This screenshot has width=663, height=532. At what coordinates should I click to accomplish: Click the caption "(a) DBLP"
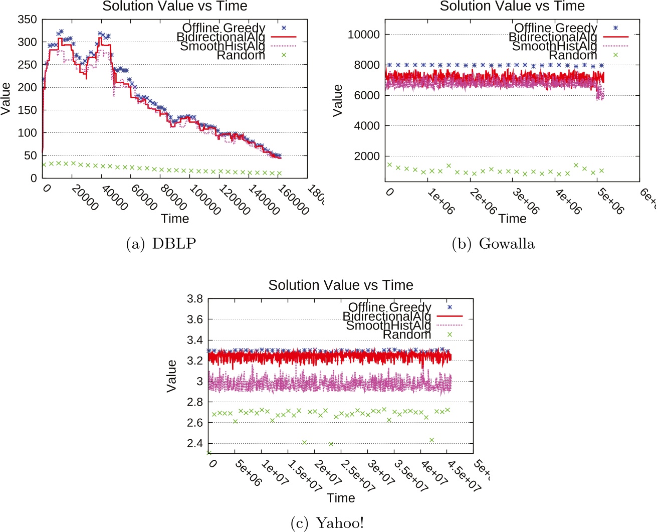(x=161, y=244)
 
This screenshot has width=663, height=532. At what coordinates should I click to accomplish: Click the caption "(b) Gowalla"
(x=493, y=244)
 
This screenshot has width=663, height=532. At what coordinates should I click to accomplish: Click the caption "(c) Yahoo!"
(x=327, y=523)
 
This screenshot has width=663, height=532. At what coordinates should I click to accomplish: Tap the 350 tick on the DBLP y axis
(x=27, y=20)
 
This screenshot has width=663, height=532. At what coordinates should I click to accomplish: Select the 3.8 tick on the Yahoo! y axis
(x=194, y=299)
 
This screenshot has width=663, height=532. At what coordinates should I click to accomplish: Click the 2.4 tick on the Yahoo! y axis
(x=194, y=443)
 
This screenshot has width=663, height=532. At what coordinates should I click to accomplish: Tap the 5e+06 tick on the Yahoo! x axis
(x=248, y=473)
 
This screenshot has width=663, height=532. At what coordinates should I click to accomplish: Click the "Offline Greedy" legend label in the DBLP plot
(x=224, y=28)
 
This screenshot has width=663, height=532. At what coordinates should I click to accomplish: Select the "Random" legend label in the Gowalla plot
(x=573, y=55)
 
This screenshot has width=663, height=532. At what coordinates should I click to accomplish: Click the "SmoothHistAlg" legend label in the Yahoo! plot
(x=388, y=325)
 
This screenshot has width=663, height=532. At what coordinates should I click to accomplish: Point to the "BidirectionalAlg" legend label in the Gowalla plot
(x=553, y=37)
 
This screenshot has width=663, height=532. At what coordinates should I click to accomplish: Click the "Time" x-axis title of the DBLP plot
(x=175, y=219)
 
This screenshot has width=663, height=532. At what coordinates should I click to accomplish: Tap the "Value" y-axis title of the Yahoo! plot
(x=172, y=376)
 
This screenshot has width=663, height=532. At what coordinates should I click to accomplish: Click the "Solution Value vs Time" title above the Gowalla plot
(x=512, y=7)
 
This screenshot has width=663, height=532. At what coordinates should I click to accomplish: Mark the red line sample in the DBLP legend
(x=284, y=37)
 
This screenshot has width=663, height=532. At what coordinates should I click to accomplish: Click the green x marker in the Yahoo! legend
(x=450, y=334)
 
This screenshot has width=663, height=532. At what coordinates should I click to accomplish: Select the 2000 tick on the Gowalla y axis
(x=367, y=156)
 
